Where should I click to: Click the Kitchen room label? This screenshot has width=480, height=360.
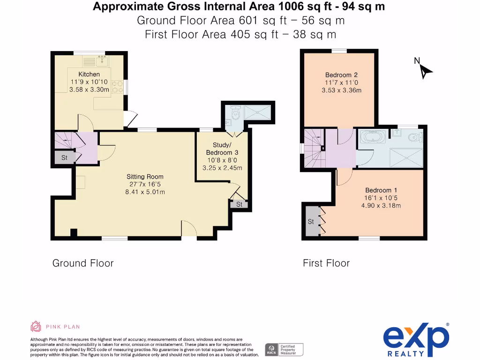[89, 74]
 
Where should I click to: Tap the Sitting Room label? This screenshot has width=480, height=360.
[145, 177]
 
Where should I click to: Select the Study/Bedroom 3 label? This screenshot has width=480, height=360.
[222, 149]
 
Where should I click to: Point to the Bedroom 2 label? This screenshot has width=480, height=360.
[341, 75]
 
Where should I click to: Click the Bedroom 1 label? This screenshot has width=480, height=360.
[381, 190]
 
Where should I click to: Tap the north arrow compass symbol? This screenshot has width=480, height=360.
[423, 69]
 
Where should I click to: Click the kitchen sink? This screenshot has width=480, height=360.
[102, 61]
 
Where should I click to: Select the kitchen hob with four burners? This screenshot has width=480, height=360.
[118, 87]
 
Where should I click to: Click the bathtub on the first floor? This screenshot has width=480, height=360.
[373, 136]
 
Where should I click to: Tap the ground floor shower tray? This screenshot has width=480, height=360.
[258, 112]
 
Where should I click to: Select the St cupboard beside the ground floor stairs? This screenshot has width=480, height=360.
[65, 157]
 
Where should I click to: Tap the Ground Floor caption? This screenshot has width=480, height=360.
[83, 263]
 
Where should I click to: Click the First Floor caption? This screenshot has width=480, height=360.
[326, 263]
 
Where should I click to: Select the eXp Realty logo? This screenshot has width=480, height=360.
[416, 339]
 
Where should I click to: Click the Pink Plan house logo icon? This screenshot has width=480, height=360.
[36, 326]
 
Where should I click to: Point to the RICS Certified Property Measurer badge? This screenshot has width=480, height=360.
[284, 350]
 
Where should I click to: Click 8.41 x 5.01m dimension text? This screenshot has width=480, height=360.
[145, 192]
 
